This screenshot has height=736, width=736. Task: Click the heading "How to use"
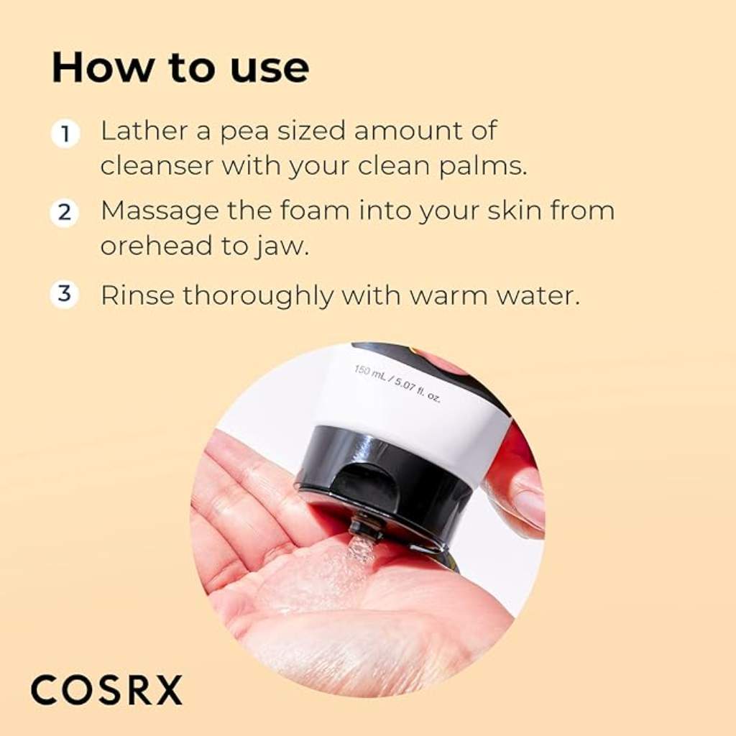click(180, 68)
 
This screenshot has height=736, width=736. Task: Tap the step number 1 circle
click(65, 134)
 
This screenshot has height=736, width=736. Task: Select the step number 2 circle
click(65, 213)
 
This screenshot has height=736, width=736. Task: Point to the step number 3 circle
click(65, 294)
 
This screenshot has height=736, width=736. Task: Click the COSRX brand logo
click(106, 691)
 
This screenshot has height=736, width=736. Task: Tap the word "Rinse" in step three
click(137, 295)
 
